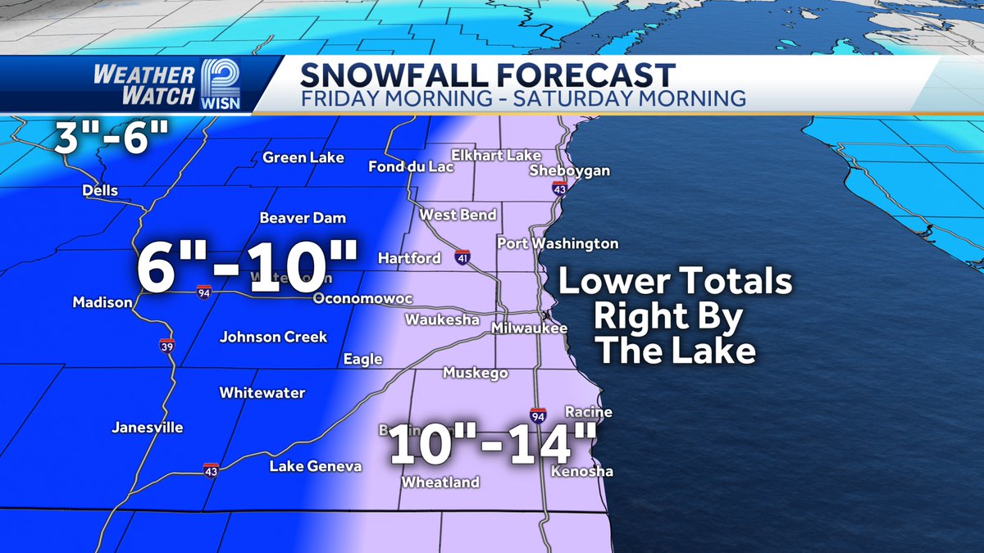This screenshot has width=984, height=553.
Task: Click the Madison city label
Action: click(x=102, y=302)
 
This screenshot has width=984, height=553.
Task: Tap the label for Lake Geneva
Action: click(x=316, y=466)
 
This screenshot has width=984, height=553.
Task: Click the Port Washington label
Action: click(x=558, y=243)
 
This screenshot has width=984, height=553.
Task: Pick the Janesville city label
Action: click(x=148, y=427)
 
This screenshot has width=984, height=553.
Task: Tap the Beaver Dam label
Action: click(x=303, y=218)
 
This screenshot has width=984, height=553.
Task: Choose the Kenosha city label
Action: click(x=581, y=471)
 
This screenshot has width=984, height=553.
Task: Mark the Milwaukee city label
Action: click(x=529, y=328)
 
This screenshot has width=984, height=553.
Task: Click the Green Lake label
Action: click(x=303, y=157)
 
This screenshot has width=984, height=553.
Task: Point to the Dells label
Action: click(x=100, y=190)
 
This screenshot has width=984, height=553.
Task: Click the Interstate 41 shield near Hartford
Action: click(x=463, y=257)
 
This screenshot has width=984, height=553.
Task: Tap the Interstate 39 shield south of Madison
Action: click(x=166, y=345)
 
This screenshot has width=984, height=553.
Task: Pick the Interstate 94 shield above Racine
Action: click(x=538, y=415)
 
